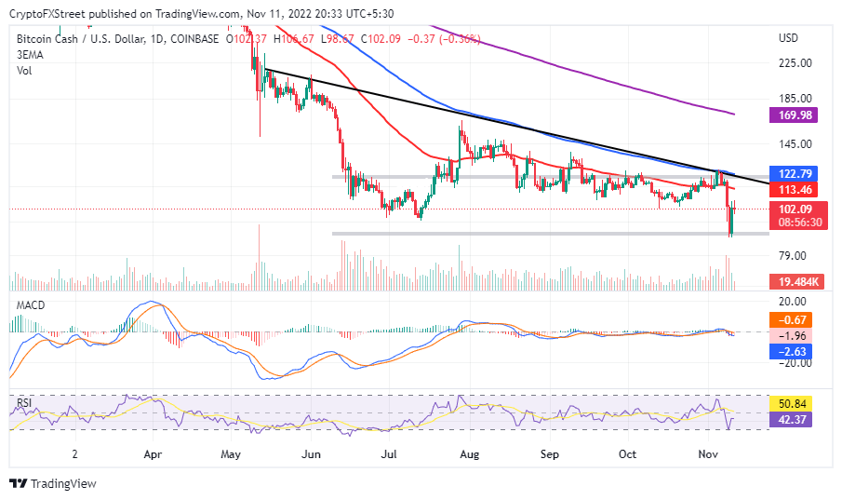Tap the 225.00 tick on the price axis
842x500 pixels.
[795, 63]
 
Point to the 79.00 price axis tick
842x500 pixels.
[792, 256]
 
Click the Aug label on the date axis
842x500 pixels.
[470, 455]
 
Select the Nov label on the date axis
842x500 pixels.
[707, 455]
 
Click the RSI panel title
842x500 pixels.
[24, 403]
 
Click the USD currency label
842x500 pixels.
[789, 38]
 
